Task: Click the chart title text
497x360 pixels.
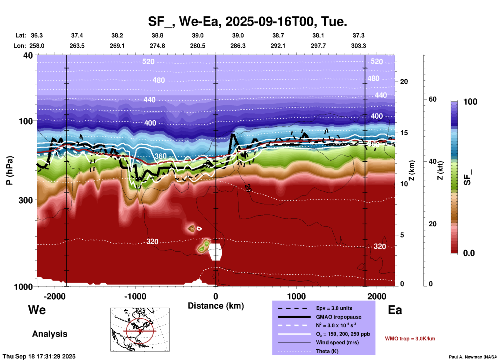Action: click(x=247, y=21)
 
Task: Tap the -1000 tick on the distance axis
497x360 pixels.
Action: click(x=135, y=296)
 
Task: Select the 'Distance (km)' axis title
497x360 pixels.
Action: click(x=216, y=306)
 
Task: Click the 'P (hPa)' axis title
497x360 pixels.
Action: click(x=9, y=170)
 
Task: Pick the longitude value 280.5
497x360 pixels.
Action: click(x=198, y=46)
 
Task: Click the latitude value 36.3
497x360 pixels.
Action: click(x=37, y=35)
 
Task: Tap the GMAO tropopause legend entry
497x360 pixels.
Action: click(x=338, y=317)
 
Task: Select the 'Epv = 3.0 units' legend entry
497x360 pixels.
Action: click(x=334, y=308)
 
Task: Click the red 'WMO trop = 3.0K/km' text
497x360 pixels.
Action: click(x=410, y=339)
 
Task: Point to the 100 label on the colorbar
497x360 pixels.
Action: click(x=470, y=102)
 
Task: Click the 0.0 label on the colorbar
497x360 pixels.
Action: click(x=469, y=253)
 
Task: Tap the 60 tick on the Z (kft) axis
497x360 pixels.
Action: click(x=433, y=99)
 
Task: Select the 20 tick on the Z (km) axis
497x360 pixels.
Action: click(x=404, y=82)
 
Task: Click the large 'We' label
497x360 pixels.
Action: click(x=37, y=310)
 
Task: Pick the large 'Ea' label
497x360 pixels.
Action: click(x=395, y=310)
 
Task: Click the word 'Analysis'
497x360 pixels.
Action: click(x=50, y=334)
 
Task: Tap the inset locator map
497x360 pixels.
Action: click(x=140, y=330)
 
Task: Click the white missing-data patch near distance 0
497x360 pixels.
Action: click(x=215, y=252)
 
